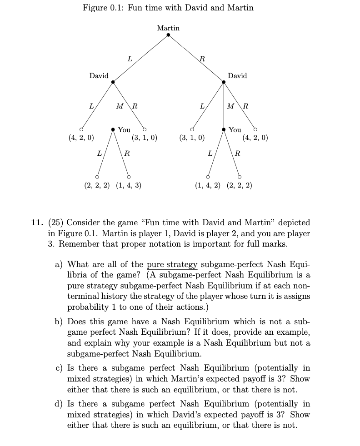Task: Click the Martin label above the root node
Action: (168, 28)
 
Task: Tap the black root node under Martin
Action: (168, 35)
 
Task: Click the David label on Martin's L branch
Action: (99, 76)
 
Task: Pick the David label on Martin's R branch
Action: (237, 76)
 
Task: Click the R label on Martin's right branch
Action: (202, 58)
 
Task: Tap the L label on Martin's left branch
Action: (130, 58)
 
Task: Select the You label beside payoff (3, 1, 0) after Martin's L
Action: (124, 130)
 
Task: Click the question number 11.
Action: (37, 223)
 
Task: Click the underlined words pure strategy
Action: (173, 264)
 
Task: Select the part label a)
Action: (60, 264)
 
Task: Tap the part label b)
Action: (60, 322)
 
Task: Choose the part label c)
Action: (60, 368)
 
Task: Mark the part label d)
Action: (60, 404)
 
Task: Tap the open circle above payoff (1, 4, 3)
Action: (129, 176)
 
